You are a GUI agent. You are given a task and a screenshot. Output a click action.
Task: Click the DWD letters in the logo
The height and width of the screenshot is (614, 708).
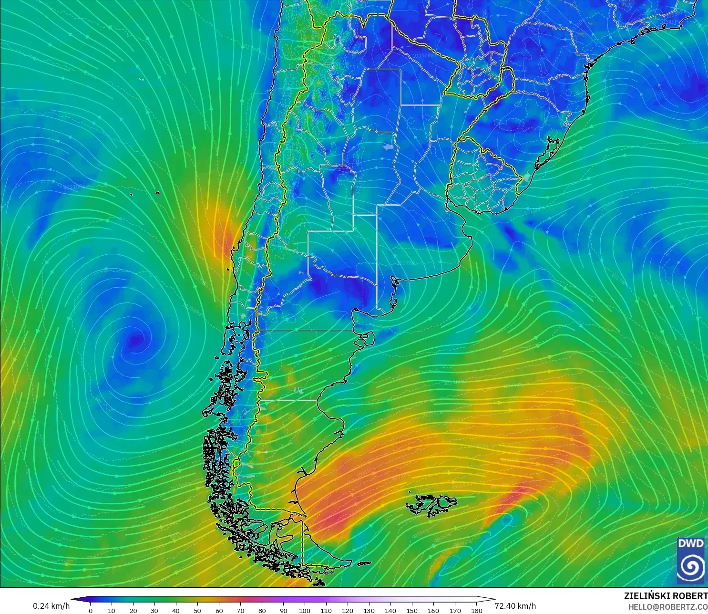point(691,543)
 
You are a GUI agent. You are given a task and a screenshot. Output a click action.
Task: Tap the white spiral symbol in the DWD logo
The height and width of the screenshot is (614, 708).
point(691,566)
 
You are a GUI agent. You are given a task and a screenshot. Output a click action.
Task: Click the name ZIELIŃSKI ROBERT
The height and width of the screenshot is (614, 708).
point(666,596)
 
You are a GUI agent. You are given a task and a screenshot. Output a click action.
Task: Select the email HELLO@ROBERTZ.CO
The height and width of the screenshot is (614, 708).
point(667,607)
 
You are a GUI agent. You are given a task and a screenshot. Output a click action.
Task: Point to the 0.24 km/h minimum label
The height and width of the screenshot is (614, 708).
point(51,606)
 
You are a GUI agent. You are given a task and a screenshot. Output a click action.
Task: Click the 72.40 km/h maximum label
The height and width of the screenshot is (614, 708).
point(515,606)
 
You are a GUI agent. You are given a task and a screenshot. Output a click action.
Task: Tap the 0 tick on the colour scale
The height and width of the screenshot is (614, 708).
point(91,611)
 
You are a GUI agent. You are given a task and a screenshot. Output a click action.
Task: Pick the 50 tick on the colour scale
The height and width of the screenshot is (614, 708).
point(197,611)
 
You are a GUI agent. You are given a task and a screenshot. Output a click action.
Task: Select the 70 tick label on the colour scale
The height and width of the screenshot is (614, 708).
point(240,611)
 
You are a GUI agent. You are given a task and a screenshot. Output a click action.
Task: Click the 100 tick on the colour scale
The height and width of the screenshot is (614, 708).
point(305,611)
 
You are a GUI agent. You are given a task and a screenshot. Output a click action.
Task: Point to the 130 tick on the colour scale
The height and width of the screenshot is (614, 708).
point(369,611)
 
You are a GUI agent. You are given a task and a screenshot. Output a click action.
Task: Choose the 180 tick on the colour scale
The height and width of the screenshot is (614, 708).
point(476,611)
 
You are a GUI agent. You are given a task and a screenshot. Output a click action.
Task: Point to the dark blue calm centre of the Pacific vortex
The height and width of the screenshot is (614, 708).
point(136,340)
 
